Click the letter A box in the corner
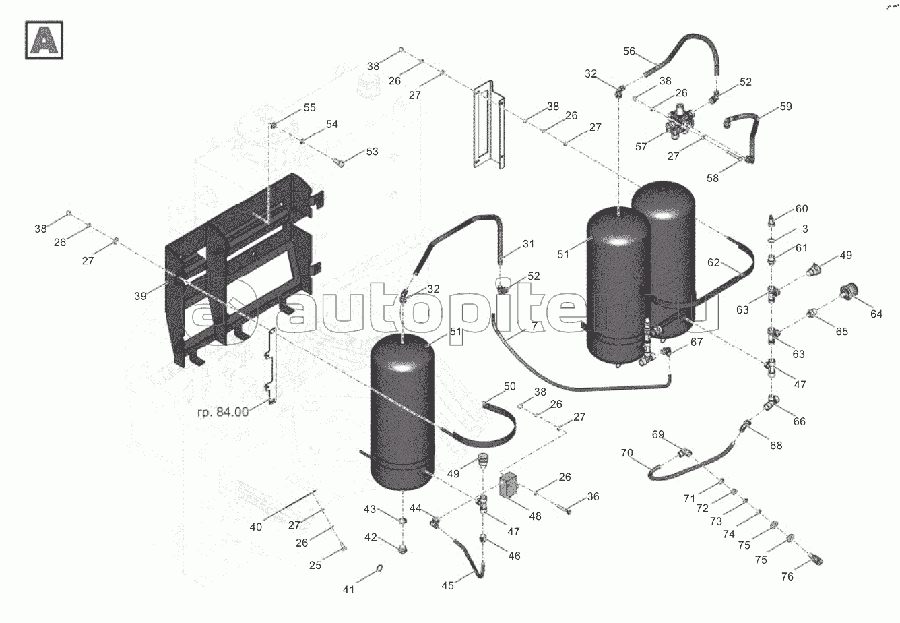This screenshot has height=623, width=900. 44,39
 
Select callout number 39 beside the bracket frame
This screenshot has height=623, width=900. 140,296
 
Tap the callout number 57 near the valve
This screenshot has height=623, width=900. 641,146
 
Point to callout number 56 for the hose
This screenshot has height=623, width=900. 629,51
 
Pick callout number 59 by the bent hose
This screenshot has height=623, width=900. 786,107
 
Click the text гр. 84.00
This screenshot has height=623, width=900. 223,412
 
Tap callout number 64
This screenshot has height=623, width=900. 876,314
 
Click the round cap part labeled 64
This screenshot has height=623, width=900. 846,295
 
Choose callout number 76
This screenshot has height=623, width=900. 787,576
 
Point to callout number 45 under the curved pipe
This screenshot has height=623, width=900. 447,585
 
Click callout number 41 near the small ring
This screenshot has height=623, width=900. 348,589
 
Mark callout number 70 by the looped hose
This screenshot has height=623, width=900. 626,453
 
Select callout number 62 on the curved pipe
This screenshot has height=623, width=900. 714,262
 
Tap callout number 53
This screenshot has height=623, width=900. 373,152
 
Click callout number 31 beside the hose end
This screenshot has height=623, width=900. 527,244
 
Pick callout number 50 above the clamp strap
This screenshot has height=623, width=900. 509,386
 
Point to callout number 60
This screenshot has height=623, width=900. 802,209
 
